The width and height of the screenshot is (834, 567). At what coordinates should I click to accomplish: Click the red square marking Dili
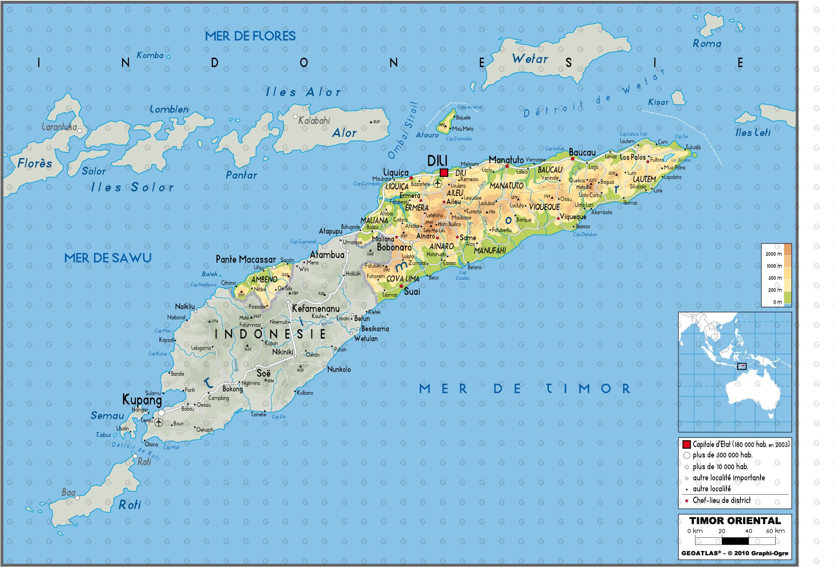[444, 172]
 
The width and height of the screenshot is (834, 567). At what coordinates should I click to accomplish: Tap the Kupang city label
[142, 400]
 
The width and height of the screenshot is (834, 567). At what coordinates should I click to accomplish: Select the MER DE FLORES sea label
[250, 36]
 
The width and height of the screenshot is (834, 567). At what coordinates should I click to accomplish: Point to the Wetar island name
[530, 59]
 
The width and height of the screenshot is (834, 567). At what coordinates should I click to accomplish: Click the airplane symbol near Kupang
[159, 422]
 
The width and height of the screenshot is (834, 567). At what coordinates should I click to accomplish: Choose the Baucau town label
[582, 152]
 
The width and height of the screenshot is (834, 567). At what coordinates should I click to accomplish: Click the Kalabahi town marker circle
[295, 117]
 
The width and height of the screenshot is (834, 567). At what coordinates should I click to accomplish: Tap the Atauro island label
[427, 135]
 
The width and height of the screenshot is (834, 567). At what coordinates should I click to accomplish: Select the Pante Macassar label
[246, 259]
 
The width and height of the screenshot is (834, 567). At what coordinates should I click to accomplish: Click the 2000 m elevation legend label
[773, 254]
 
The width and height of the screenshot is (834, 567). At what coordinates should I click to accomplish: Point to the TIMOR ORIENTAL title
[735, 521]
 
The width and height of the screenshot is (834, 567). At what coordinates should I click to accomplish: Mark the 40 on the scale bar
[748, 531]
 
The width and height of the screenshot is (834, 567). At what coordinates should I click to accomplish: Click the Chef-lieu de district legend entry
[721, 500]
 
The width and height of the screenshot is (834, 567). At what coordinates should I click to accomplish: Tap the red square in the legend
[686, 445]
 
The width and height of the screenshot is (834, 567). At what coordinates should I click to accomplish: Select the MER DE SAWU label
[108, 258]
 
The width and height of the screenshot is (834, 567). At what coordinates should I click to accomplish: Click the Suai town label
[412, 292]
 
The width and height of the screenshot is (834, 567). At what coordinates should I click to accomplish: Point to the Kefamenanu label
[316, 309]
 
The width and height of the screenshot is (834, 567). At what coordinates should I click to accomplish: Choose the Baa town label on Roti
[68, 493]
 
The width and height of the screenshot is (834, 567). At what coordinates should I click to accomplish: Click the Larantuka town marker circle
[80, 131]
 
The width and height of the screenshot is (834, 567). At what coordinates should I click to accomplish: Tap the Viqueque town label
[573, 217]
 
